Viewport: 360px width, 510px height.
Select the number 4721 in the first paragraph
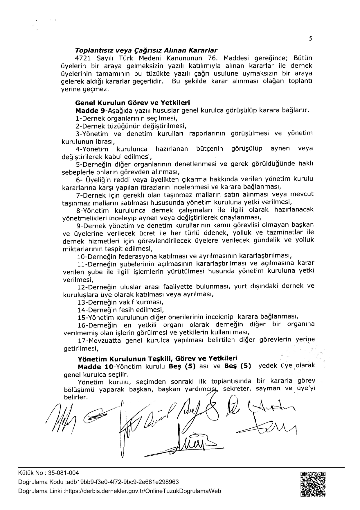click(x=84, y=58)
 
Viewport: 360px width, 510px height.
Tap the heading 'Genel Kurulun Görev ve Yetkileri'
click(x=132, y=103)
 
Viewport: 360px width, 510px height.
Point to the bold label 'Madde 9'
click(x=90, y=111)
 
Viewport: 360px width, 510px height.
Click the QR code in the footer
click(x=312, y=484)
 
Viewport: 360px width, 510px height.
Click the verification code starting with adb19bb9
click(x=123, y=482)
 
